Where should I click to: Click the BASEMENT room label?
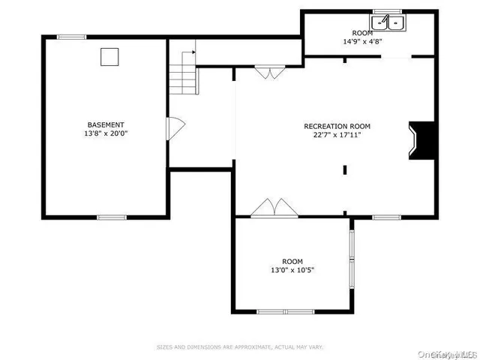tap(105, 124)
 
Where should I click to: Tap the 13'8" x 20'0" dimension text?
tap(105, 133)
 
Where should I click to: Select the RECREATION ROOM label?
tap(337, 126)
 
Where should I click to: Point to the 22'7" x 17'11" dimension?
tap(337, 135)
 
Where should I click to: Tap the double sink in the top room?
tap(388, 24)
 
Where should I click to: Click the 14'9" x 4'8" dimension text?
tap(362, 43)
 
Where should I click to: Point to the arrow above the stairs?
tap(189, 54)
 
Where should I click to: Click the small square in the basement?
tap(110, 55)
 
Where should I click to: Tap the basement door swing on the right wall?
tap(174, 127)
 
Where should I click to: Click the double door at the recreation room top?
tap(268, 72)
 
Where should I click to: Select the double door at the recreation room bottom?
tap(268, 208)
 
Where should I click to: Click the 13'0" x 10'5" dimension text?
tap(292, 271)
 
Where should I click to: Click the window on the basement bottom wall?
tap(111, 217)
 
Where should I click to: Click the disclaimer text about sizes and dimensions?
tap(239, 347)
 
